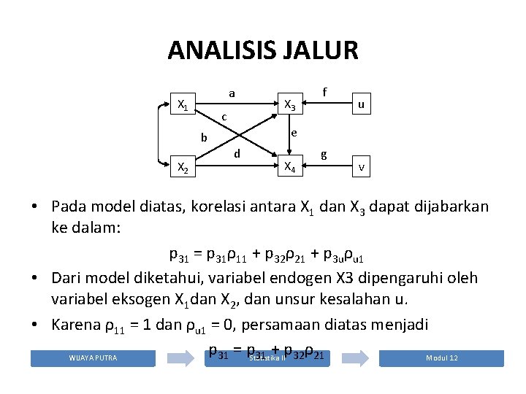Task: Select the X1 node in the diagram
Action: pos(183,106)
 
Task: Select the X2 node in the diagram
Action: pos(183,168)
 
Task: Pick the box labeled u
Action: pos(361,105)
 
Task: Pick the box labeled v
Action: pos(361,167)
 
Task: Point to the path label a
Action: pos(232,93)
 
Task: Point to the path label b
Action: pos(205,137)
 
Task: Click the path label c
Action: pos(224,117)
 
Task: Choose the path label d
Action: pos(237,154)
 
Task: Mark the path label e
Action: pos(293,133)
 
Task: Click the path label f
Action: pos(324,92)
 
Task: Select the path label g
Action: pos(324,155)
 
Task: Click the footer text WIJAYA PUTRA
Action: pos(93,358)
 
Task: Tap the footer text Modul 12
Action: pos(442,358)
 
